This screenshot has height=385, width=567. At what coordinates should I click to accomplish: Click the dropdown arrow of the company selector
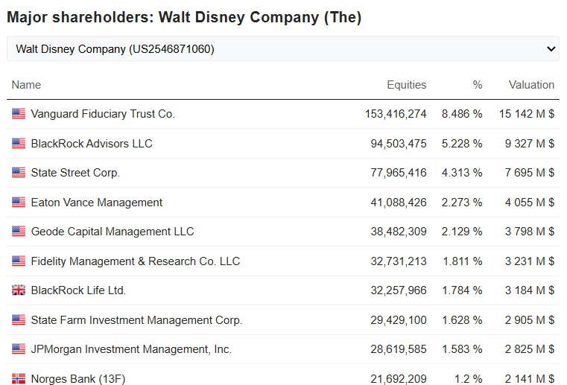[551, 49]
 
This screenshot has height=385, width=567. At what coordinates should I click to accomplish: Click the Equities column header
[406, 85]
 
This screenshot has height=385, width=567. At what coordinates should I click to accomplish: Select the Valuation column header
[531, 85]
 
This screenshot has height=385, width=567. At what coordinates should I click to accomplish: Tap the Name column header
[26, 85]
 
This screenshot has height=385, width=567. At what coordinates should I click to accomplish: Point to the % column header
[477, 85]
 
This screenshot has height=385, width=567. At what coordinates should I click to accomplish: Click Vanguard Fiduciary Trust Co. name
[103, 114]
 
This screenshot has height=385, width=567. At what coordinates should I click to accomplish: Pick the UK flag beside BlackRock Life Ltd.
[19, 290]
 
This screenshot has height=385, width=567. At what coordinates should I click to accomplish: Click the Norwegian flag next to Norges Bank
[19, 379]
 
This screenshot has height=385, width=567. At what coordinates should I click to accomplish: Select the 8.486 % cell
[462, 114]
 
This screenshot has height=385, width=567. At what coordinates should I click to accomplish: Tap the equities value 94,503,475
[399, 144]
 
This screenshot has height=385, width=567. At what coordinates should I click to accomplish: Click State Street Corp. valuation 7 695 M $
[529, 173]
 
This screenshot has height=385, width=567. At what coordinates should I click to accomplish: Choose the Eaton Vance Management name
[97, 203]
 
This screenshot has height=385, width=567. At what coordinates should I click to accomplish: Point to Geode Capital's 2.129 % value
[462, 232]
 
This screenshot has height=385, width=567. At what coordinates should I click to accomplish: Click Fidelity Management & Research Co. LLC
[136, 261]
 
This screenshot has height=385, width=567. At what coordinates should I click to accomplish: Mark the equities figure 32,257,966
[399, 290]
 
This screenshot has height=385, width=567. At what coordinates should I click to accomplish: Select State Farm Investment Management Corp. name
[136, 320]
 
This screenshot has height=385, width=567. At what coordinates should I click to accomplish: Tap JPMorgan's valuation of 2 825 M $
[529, 349]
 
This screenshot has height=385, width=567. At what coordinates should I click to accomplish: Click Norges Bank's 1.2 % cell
[469, 379]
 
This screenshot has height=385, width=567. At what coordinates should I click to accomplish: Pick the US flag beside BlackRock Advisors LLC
[19, 144]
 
